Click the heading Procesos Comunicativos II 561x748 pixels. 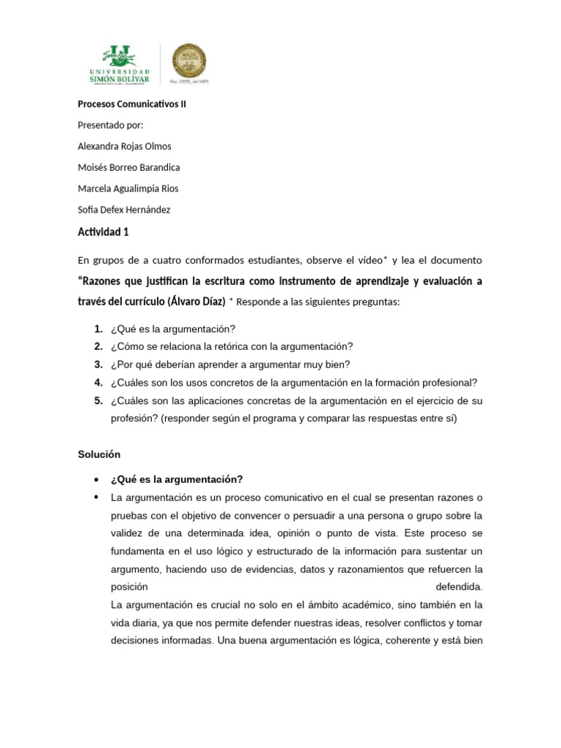point(131,104)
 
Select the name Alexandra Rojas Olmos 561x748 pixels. point(124,146)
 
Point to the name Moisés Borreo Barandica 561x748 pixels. point(128,167)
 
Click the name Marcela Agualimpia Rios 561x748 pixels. point(128,188)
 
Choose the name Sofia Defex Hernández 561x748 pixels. point(123,210)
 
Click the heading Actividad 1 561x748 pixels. point(103,232)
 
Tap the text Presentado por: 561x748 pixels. point(110,125)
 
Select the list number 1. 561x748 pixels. point(98,329)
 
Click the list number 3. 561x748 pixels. point(98,365)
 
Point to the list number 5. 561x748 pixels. point(98,401)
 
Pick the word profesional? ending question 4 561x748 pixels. point(451,383)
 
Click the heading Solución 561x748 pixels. point(99,454)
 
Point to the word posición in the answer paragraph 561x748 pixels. point(129,587)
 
